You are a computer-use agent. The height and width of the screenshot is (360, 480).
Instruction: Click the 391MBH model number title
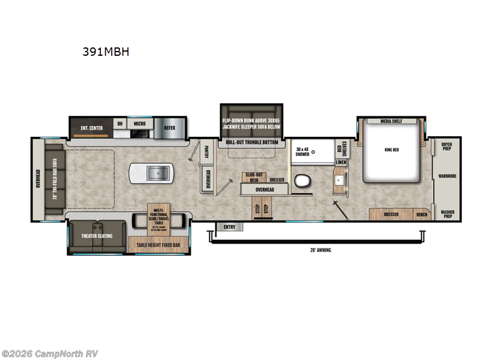coord(106,52)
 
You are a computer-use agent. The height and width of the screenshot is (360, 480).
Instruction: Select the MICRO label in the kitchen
coord(140,124)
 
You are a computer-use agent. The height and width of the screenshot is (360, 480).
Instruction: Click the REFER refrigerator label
coord(170,128)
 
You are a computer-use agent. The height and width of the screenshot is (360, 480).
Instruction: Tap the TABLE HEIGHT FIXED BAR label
coord(158,245)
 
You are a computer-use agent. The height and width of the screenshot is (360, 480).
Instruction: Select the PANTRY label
coord(206,152)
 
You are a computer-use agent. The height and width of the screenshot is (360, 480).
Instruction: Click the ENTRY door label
coord(229,227)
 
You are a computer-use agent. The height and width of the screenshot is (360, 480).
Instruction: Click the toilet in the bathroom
coord(302,181)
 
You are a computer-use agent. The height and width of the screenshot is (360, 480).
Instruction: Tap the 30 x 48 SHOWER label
coord(302,151)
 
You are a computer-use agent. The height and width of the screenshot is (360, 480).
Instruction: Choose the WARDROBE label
coord(447,176)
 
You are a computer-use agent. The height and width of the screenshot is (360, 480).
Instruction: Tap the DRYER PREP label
coord(447,146)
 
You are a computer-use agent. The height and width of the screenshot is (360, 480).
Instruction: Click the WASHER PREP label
coord(447,214)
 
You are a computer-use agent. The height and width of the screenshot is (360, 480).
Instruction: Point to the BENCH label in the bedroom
coord(422,214)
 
